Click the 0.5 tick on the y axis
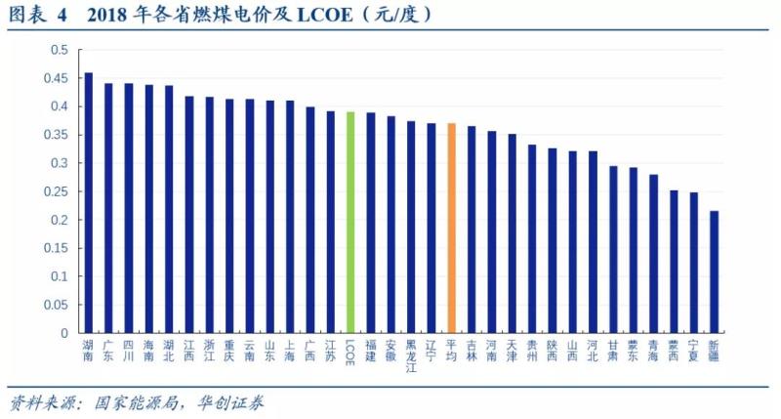(x=60, y=50)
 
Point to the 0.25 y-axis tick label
(x=57, y=191)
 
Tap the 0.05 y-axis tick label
(x=57, y=305)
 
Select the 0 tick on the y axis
(x=64, y=333)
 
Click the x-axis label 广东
(x=108, y=351)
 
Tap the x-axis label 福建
(x=371, y=351)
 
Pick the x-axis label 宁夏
(x=693, y=351)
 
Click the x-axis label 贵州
(x=532, y=351)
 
